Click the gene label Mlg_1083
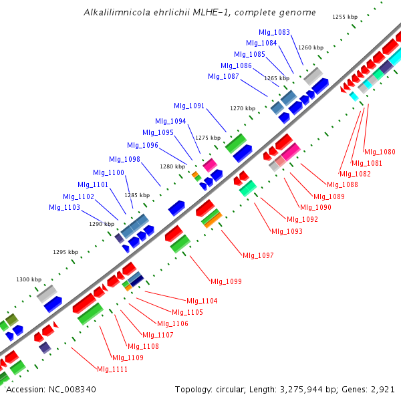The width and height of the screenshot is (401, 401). (x=274, y=32)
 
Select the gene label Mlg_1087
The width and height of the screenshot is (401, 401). (x=223, y=76)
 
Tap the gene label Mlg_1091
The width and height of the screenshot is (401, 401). (x=189, y=106)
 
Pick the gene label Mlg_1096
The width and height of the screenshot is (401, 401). (x=142, y=145)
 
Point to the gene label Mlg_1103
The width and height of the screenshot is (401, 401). (x=64, y=207)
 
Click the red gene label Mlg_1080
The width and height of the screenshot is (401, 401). (x=380, y=152)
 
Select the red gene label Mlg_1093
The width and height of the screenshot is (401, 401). (x=287, y=231)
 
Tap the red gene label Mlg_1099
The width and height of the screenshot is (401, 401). (x=226, y=281)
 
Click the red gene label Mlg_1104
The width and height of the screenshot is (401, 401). (x=202, y=301)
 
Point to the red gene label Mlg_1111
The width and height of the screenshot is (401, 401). (x=112, y=369)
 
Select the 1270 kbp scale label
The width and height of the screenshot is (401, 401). (x=243, y=108)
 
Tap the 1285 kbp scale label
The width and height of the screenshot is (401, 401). (x=138, y=195)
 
